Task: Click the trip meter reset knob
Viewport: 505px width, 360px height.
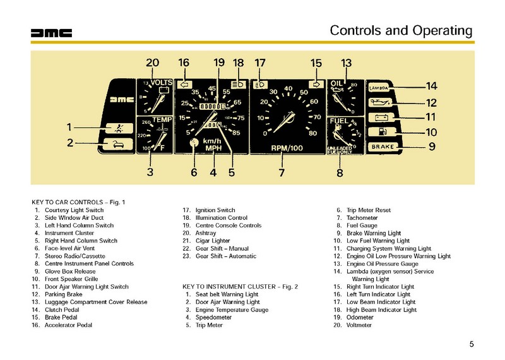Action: point(194,143)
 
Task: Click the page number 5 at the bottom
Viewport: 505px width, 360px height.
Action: point(472,344)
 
